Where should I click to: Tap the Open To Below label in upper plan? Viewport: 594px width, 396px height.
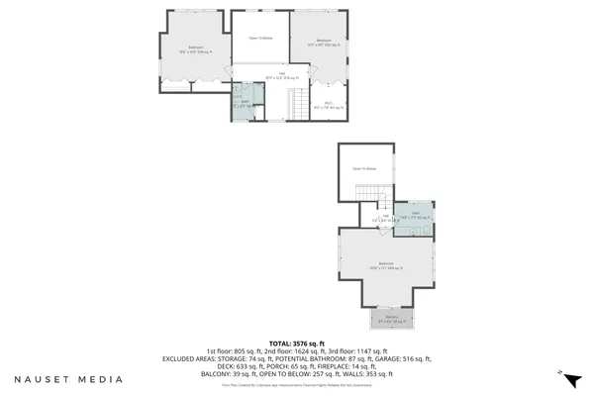(x=260, y=38)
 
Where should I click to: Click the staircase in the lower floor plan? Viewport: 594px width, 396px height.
(x=368, y=192)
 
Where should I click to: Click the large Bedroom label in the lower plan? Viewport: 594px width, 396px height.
(x=384, y=264)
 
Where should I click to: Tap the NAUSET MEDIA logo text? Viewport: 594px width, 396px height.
(x=68, y=378)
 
